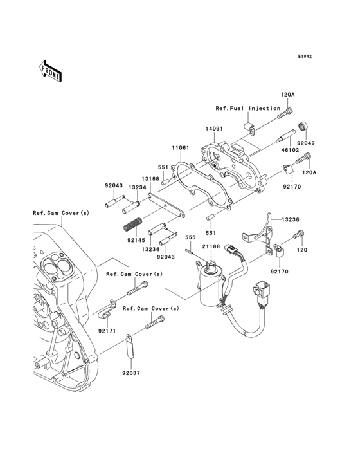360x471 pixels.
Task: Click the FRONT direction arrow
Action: coord(51,70)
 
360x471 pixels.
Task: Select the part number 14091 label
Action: coord(214,129)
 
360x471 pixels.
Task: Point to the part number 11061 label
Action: coord(180,147)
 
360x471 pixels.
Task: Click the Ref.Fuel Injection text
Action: coord(248,108)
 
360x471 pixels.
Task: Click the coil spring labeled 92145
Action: coord(132,225)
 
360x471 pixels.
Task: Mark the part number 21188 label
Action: coord(212,248)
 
